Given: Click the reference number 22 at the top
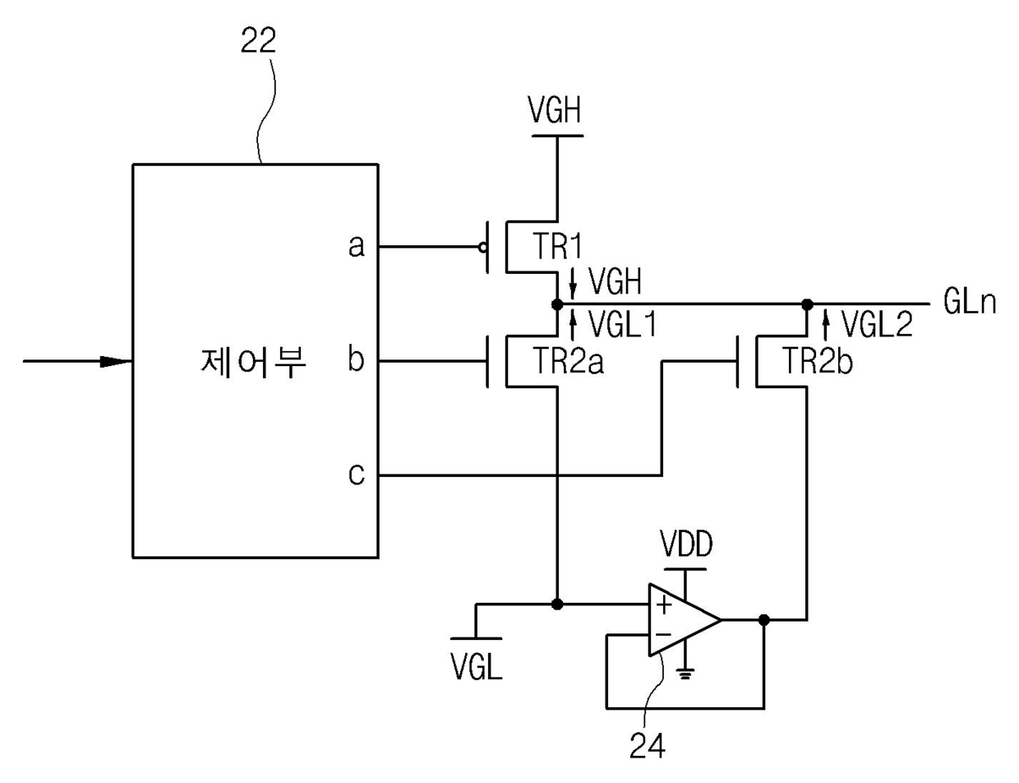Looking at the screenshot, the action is [x=258, y=41].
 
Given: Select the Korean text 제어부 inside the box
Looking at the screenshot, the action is [x=253, y=363].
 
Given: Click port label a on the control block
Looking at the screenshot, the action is [x=357, y=246].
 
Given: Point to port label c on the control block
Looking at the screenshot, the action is [x=357, y=475].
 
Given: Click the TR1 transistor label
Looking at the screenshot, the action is [x=557, y=247].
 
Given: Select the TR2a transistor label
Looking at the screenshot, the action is [x=569, y=362].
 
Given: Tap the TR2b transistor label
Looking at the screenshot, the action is [x=818, y=362].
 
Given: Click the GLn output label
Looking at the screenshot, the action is [x=970, y=302].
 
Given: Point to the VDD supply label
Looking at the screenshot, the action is [x=686, y=544].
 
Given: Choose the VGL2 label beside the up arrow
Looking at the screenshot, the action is [x=878, y=324].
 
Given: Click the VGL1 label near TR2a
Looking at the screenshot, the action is [x=623, y=325].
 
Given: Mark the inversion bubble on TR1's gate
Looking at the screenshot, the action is [x=482, y=248].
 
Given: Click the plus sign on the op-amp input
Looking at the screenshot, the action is [x=664, y=605].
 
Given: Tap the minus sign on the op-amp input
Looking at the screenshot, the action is [x=663, y=635].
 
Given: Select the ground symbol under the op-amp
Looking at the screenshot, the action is [x=685, y=674].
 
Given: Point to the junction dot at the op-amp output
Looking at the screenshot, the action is [x=764, y=620].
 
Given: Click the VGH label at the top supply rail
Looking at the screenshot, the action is [x=554, y=110].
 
